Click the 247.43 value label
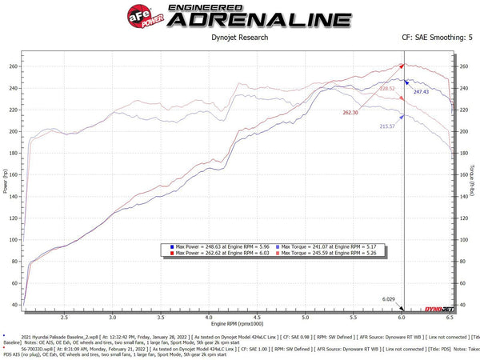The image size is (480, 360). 422,92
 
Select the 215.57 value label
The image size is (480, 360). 388,126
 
